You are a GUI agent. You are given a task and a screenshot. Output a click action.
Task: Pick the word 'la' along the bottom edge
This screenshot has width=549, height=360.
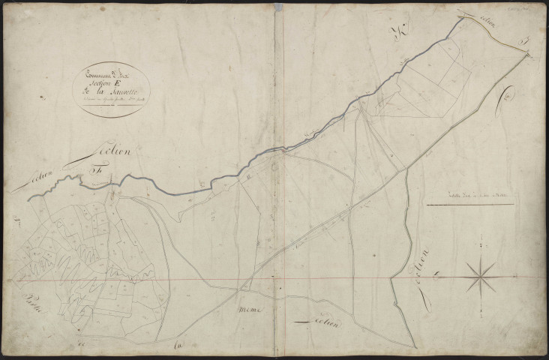[178, 346]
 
